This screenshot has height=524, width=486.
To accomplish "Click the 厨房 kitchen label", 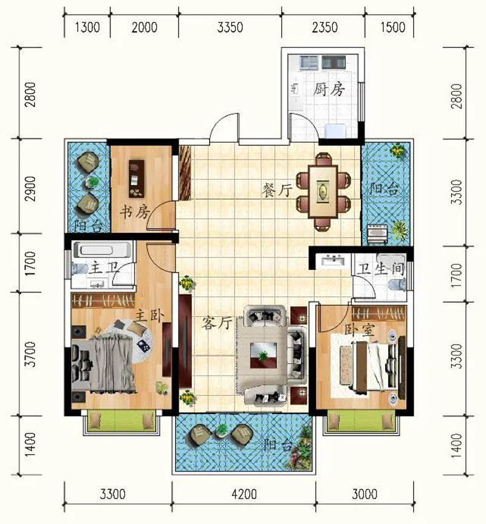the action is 329,89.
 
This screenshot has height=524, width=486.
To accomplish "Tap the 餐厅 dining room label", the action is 277,190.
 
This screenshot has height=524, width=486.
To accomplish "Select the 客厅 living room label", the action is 217,323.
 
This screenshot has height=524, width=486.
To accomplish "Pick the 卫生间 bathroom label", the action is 380,269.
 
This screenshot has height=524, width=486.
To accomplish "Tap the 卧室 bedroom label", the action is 360,330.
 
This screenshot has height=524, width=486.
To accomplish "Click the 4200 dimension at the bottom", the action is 244,494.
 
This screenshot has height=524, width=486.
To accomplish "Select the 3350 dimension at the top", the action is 230,27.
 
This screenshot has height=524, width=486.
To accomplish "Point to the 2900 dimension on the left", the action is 30,189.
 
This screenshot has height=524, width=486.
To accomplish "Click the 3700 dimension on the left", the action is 30,354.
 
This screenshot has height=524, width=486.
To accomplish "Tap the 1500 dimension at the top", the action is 393,27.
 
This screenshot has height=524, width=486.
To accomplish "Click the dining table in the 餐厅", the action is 323,191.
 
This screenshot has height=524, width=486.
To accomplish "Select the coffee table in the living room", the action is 264,355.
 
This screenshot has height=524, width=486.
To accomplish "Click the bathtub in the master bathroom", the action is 101,250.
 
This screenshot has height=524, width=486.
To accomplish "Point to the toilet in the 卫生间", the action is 397,284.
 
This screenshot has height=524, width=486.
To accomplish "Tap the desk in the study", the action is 137,179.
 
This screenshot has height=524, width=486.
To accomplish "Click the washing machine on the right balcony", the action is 377,233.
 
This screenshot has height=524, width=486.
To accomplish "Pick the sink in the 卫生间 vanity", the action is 332,260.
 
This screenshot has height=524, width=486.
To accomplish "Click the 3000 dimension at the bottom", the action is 364,494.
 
